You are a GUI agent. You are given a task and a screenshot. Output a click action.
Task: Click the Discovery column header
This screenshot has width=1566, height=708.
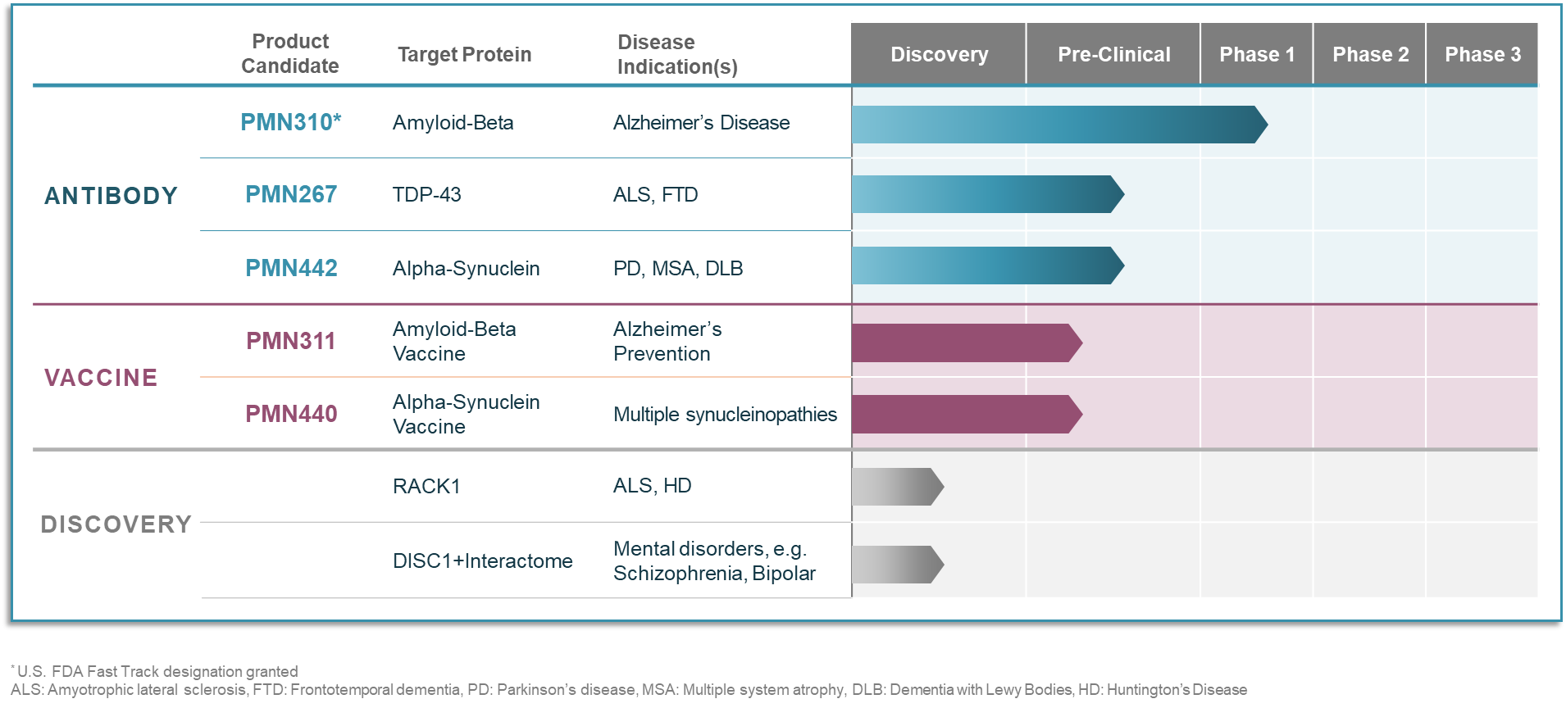pyautogui.click(x=939, y=54)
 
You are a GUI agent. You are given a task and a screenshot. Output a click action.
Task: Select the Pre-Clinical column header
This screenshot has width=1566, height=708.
pyautogui.click(x=1113, y=54)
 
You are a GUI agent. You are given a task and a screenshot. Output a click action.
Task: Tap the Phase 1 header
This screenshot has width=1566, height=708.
pyautogui.click(x=1257, y=54)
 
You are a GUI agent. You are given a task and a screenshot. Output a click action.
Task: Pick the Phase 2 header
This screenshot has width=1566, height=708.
pyautogui.click(x=1370, y=54)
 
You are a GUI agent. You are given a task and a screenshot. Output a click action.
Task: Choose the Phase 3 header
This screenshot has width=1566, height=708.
pyautogui.click(x=1482, y=54)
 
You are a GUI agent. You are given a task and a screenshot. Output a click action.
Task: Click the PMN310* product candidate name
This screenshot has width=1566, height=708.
pyautogui.click(x=290, y=122)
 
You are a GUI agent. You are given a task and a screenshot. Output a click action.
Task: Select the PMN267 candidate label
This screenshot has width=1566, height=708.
pyautogui.click(x=291, y=194)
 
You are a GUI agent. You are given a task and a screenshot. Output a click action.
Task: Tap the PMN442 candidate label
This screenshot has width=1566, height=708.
pyautogui.click(x=291, y=268)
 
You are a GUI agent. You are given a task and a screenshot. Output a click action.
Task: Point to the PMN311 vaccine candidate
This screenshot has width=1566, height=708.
pyautogui.click(x=291, y=341)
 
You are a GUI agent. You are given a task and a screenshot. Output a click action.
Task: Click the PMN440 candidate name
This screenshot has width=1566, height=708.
pyautogui.click(x=291, y=414)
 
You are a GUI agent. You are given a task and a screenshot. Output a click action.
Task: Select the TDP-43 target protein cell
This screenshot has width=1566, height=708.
pyautogui.click(x=426, y=194)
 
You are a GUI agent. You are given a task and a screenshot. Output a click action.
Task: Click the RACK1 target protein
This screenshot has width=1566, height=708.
pyautogui.click(x=426, y=486)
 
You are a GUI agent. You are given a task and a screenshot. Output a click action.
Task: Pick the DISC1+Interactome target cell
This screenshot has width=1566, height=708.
pyautogui.click(x=482, y=560)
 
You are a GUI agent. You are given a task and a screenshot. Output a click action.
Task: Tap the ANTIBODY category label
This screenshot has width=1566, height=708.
pyautogui.click(x=111, y=196)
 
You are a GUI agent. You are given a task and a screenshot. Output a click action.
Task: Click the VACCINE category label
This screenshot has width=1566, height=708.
pyautogui.click(x=101, y=378)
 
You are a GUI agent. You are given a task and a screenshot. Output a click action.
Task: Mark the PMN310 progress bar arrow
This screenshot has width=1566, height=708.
pyautogui.click(x=1060, y=125)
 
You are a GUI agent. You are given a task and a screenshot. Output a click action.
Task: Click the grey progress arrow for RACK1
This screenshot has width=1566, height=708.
pyautogui.click(x=898, y=487)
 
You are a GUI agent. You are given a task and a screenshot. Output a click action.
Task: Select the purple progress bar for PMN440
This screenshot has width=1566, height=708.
pyautogui.click(x=967, y=414)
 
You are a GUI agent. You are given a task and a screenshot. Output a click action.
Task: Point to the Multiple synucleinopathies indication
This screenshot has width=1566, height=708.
pyautogui.click(x=725, y=415)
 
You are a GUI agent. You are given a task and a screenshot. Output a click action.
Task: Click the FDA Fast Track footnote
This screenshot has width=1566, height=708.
pyautogui.click(x=154, y=671)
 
